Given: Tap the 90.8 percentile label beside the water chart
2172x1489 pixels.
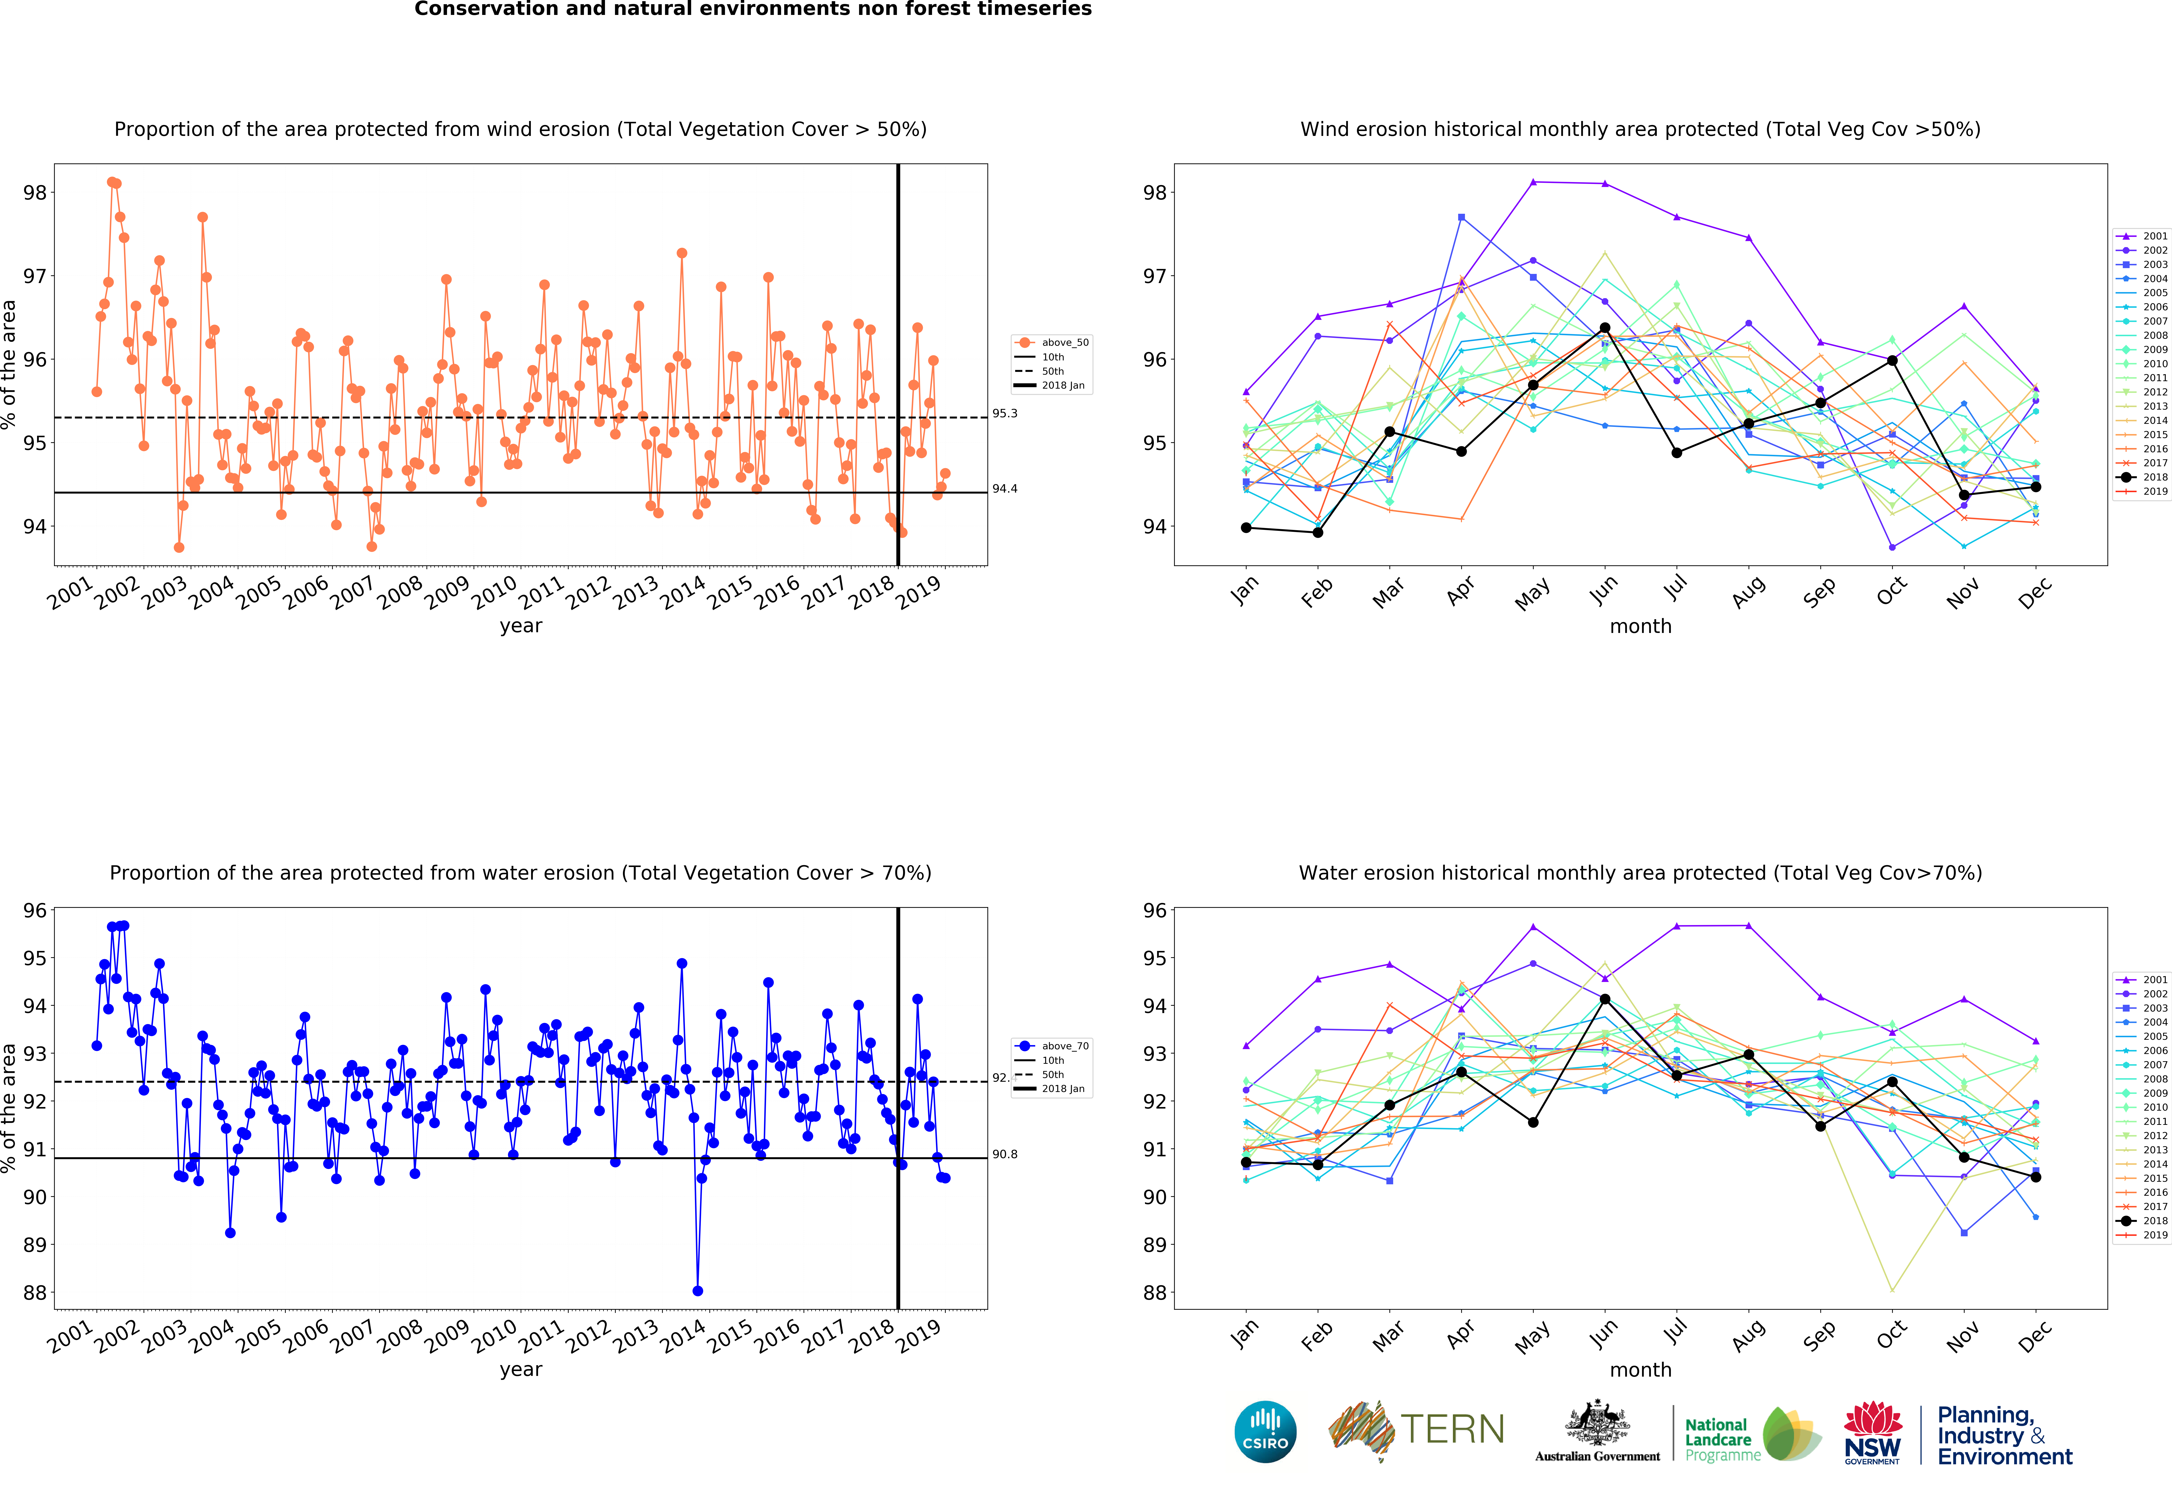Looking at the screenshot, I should pos(1005,1154).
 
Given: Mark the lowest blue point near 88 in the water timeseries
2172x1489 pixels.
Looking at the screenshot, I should pos(697,1291).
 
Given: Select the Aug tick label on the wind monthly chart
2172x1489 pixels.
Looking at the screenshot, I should pos(1748,591).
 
